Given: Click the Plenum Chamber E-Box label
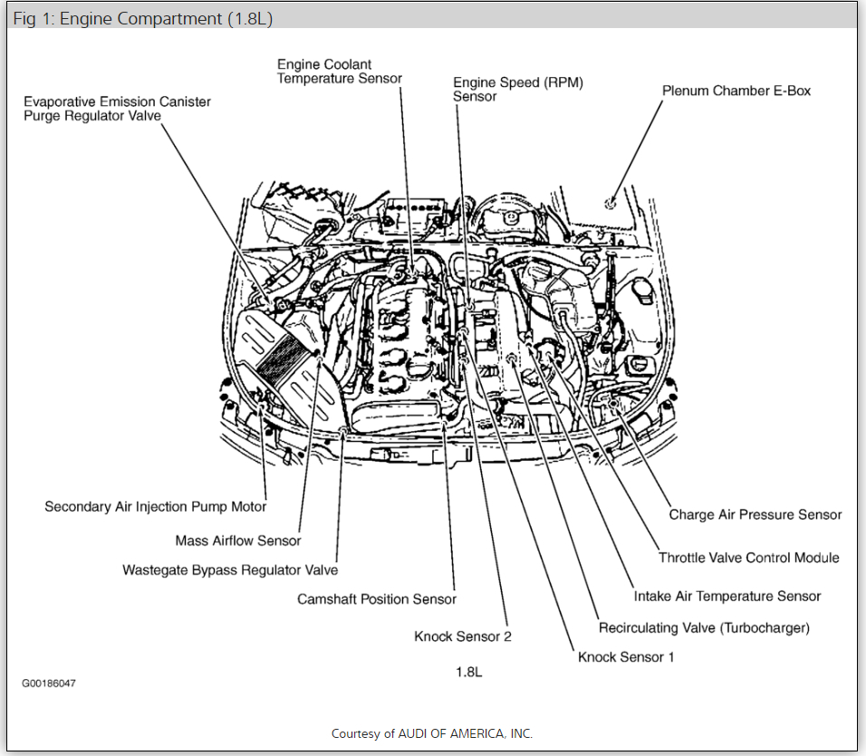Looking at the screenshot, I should pos(736,91).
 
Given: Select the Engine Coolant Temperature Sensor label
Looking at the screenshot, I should pos(339,72).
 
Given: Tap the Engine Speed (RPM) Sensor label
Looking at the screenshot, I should pos(518,90).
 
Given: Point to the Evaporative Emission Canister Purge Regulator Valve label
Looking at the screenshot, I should pos(117,109).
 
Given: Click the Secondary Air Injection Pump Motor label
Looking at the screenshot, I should pos(156,507).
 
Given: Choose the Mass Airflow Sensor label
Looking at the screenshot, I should pos(238,541).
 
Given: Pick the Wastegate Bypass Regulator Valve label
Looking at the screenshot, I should pos(230,570).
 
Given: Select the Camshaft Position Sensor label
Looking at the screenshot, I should pos(377,599).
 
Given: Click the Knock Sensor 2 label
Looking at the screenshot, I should pos(463,636).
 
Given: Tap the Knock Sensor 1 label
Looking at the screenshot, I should pos(626,656).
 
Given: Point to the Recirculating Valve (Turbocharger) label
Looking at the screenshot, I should pos(704,627).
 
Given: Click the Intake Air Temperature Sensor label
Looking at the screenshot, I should pos(727,596).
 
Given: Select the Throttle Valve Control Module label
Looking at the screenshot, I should pos(748,558).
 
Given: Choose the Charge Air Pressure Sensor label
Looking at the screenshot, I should pos(755,514).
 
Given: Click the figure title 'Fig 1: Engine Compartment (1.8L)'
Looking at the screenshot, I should pos(142,19).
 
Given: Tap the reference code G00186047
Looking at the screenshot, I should pos(49,683).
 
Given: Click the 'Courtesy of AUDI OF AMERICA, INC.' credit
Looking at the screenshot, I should pos(432,733).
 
